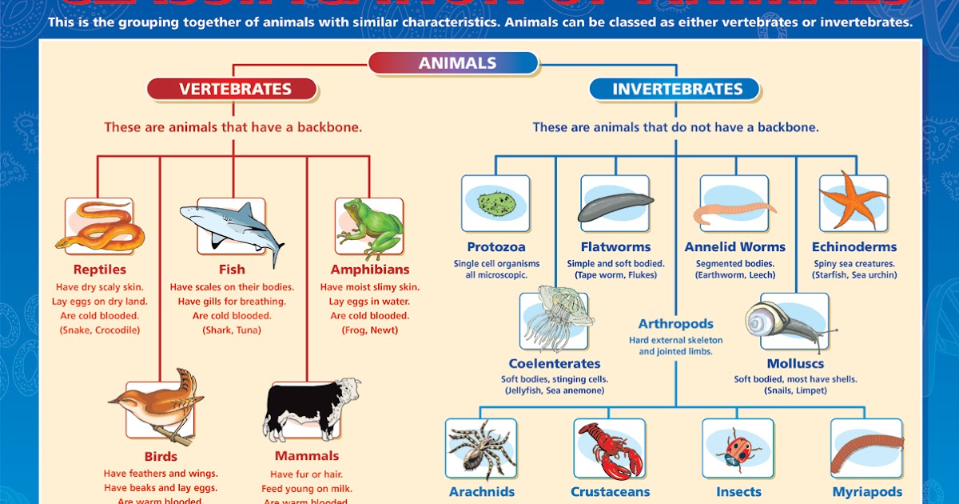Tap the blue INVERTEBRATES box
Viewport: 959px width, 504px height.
point(677,89)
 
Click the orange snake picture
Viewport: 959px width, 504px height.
point(99,226)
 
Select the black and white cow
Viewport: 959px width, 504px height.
point(308,408)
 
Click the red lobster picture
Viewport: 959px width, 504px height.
point(610,448)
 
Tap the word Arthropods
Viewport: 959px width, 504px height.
point(675,324)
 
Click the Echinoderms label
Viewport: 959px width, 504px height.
point(854,247)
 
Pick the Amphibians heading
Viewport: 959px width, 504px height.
point(369,270)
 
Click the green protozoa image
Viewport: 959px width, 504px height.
point(495,204)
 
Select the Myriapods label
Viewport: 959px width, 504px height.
point(867,492)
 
